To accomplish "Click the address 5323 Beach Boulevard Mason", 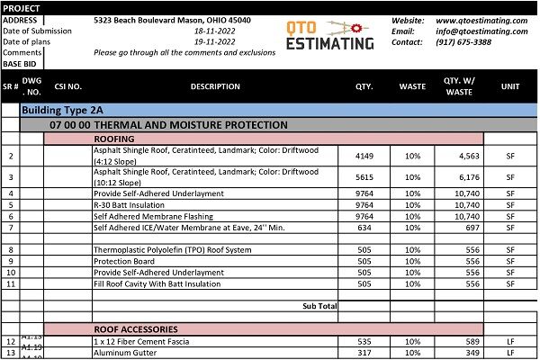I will click(x=173, y=20).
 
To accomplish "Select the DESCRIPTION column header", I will click(x=215, y=87).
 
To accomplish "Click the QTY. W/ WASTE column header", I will click(x=457, y=87).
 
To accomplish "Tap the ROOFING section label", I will click(x=114, y=139).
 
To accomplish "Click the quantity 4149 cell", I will click(x=364, y=156).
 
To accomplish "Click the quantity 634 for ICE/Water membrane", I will click(x=364, y=229).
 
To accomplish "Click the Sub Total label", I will click(x=319, y=306).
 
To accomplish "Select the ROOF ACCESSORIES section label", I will click(x=136, y=329).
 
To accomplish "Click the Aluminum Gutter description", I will click(x=127, y=354).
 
